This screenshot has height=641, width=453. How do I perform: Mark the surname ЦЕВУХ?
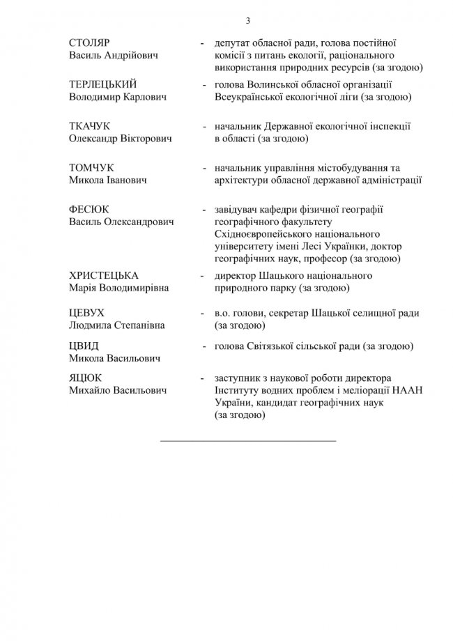[87, 313]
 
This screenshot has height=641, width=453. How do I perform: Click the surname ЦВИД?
[84, 346]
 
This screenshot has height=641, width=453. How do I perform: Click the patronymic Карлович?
[141, 98]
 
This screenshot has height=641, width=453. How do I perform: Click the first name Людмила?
[91, 325]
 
